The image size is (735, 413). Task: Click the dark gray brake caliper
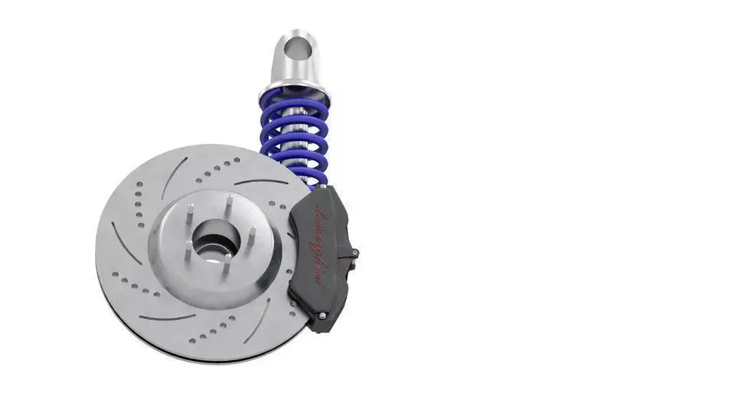point(322,256)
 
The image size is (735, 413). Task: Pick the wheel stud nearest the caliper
point(250,231)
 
